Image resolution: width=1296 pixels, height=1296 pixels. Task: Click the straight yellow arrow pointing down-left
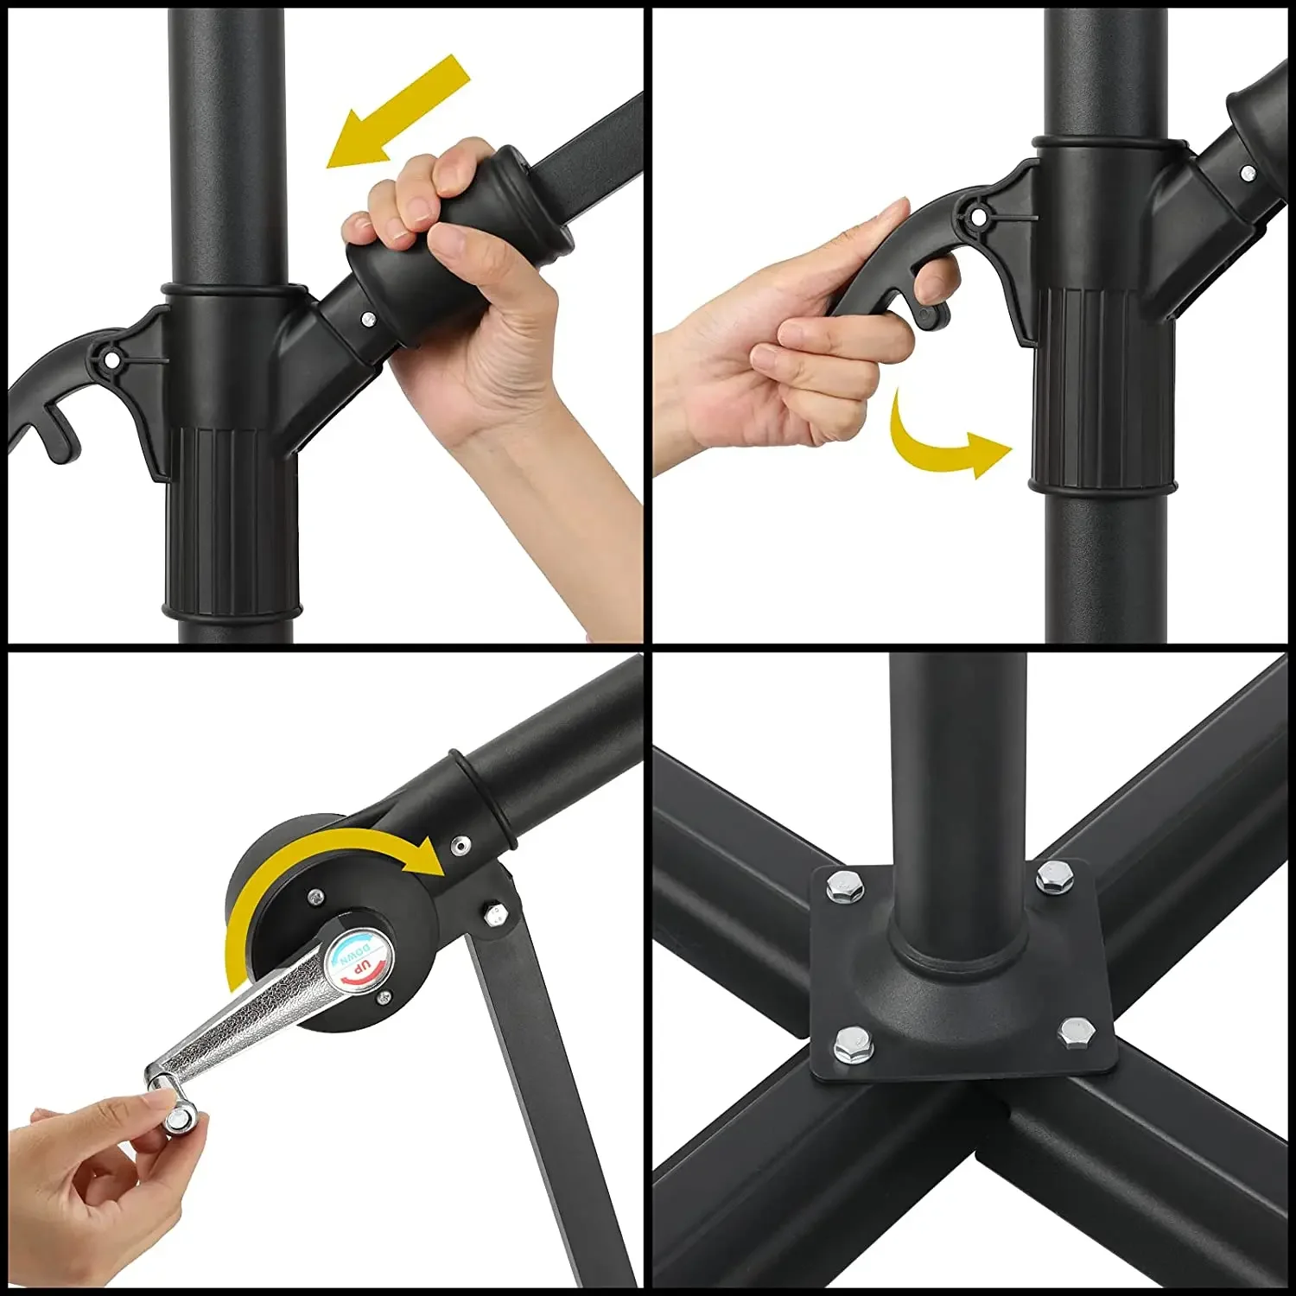coord(398,111)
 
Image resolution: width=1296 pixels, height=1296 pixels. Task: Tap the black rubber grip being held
coord(458,246)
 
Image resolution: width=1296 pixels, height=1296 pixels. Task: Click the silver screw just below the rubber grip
coord(368,319)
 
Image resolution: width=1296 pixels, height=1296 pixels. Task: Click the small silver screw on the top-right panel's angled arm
coord(1247,174)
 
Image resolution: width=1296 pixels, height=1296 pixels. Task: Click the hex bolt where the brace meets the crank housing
coord(495,913)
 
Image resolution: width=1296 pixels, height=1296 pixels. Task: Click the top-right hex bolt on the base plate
coord(1055,878)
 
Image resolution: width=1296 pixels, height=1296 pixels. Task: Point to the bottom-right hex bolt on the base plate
coord(1077,1032)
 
